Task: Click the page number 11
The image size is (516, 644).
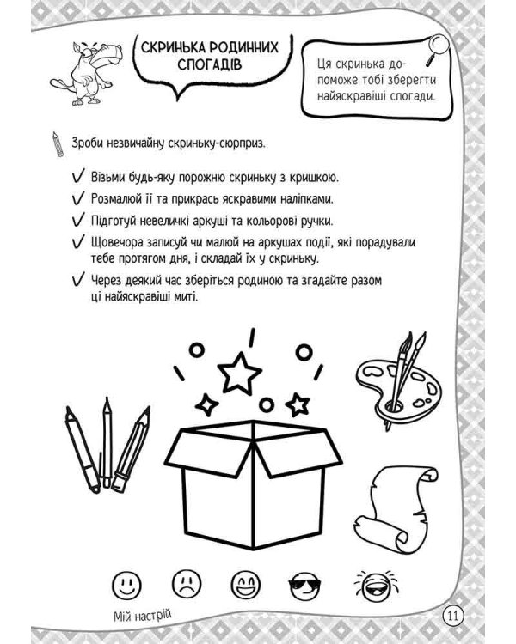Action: [453, 615]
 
